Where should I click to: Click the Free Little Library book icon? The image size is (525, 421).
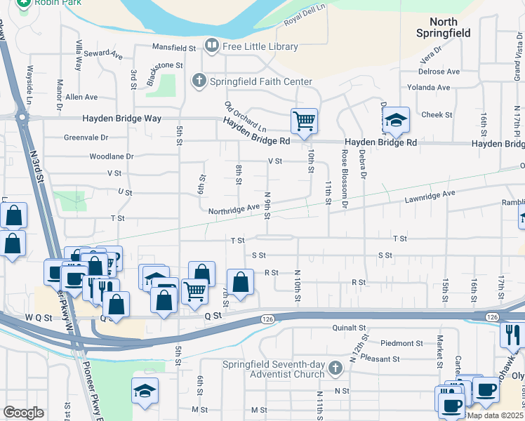coord(211,46)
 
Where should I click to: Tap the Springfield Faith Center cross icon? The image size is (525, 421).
coord(200,81)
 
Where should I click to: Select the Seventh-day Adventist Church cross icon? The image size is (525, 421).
coord(335,368)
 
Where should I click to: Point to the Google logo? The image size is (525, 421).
coord(23,412)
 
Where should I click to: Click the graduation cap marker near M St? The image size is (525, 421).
coord(145,392)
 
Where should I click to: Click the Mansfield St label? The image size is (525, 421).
coord(175,48)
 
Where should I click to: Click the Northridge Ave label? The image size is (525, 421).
coord(234,209)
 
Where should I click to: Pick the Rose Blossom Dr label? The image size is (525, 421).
coord(345,179)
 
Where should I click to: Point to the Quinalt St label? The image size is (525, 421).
coord(349,328)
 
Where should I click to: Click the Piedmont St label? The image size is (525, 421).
coord(401,344)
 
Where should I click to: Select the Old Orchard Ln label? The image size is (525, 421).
coord(245,117)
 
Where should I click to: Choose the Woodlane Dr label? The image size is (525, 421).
coord(111,156)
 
